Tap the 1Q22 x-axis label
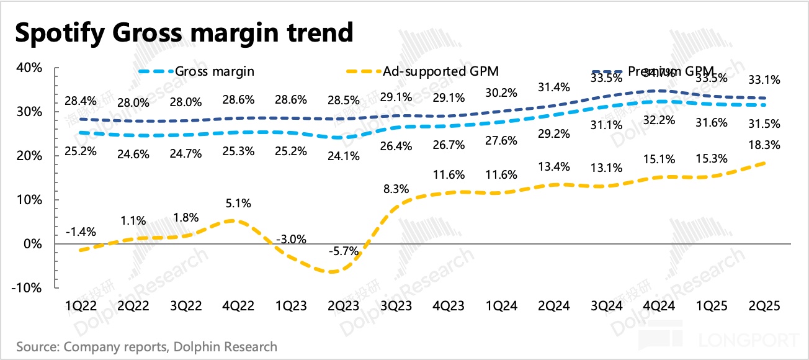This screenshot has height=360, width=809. (81, 307)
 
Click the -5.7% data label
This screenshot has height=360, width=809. (342, 251)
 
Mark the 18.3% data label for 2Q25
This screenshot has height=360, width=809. (764, 145)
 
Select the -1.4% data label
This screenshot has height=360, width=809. (81, 232)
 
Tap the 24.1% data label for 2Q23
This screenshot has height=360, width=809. (343, 156)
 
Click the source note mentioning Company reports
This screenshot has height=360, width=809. (147, 346)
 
